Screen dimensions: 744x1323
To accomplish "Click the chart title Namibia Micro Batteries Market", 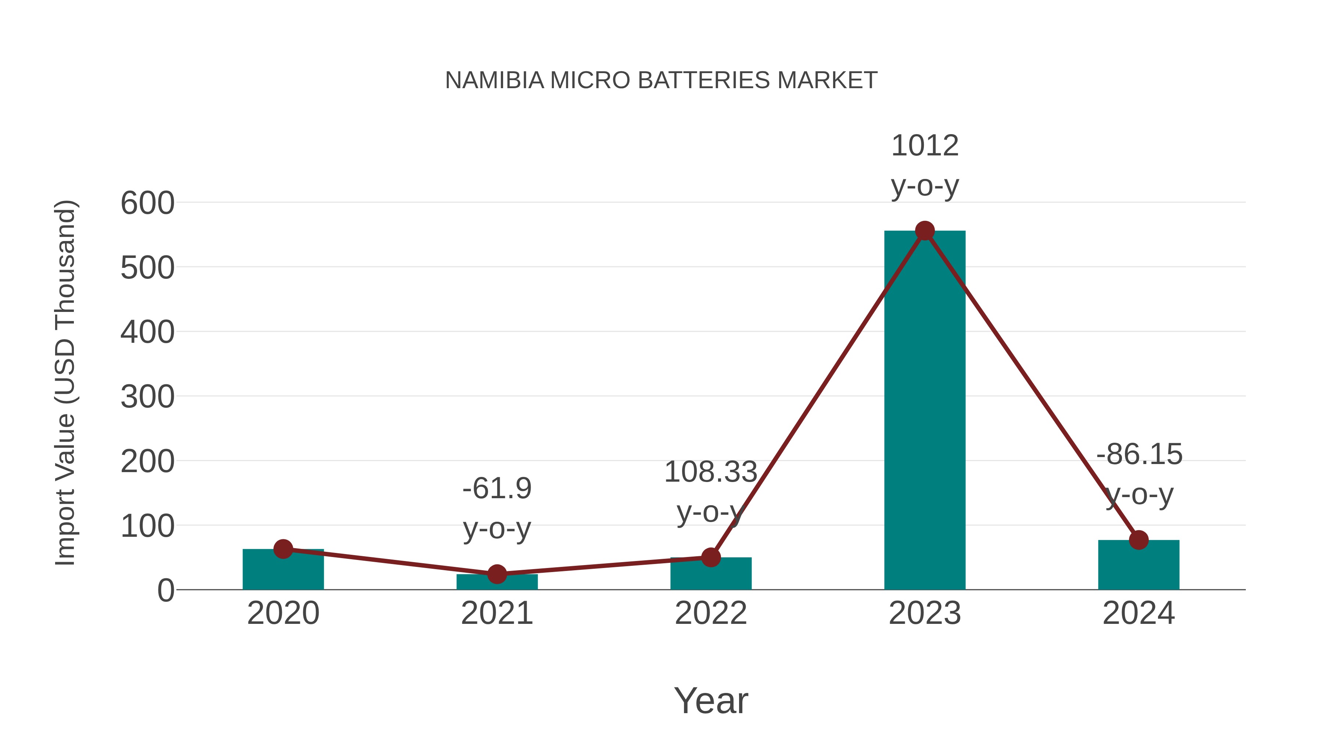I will tap(661, 80).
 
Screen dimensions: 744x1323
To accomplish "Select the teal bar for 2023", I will tap(925, 411).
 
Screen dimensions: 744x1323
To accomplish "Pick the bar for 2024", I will tap(1139, 565).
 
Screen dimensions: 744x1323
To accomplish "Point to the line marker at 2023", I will tap(925, 231).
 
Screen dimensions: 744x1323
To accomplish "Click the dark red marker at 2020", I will tap(283, 549).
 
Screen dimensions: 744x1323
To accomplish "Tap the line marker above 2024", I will tap(1139, 540).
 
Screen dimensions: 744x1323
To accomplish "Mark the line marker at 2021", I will tap(496, 574).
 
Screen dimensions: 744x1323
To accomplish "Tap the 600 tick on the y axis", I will tap(147, 203).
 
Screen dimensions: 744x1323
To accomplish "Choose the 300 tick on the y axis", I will tap(147, 397).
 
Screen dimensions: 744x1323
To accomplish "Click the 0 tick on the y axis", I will tap(165, 590).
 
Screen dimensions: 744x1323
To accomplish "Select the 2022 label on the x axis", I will tap(711, 613).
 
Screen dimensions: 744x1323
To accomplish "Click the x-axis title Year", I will tap(711, 700).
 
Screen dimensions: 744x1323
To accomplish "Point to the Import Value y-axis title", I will tap(66, 382).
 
